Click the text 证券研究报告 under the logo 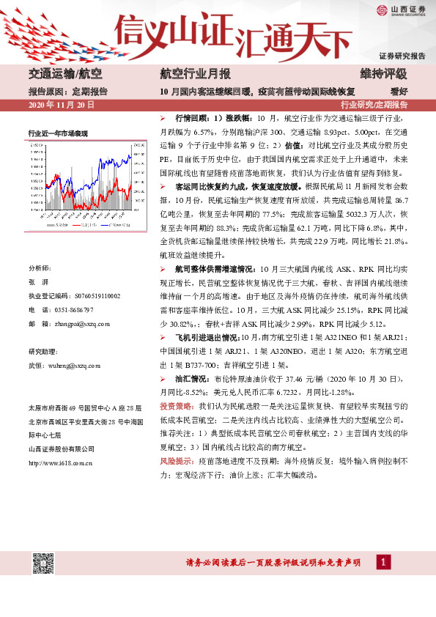402,56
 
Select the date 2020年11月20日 62,106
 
